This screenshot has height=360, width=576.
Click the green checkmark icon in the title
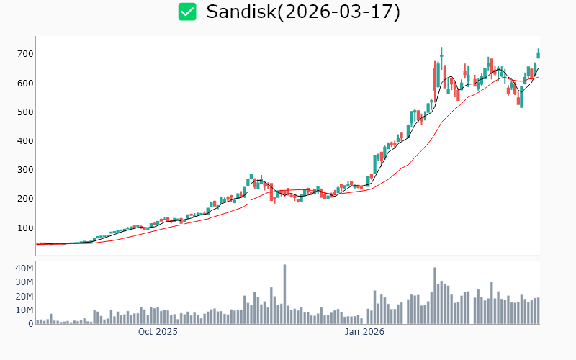pos(187,12)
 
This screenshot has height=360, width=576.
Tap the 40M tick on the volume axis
pos(24,269)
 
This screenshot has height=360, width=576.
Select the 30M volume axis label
pos(24,282)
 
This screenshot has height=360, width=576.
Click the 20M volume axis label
pos(24,296)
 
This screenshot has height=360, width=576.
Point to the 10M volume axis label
pos(24,310)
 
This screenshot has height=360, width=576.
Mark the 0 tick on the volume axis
pos(30,324)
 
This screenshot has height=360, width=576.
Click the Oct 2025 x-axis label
pos(158,332)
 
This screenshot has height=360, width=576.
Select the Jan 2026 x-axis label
pos(364,332)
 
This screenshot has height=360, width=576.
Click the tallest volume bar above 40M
pos(284,294)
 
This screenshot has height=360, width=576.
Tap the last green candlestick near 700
pos(538,54)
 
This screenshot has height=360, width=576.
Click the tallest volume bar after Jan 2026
pos(435,295)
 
